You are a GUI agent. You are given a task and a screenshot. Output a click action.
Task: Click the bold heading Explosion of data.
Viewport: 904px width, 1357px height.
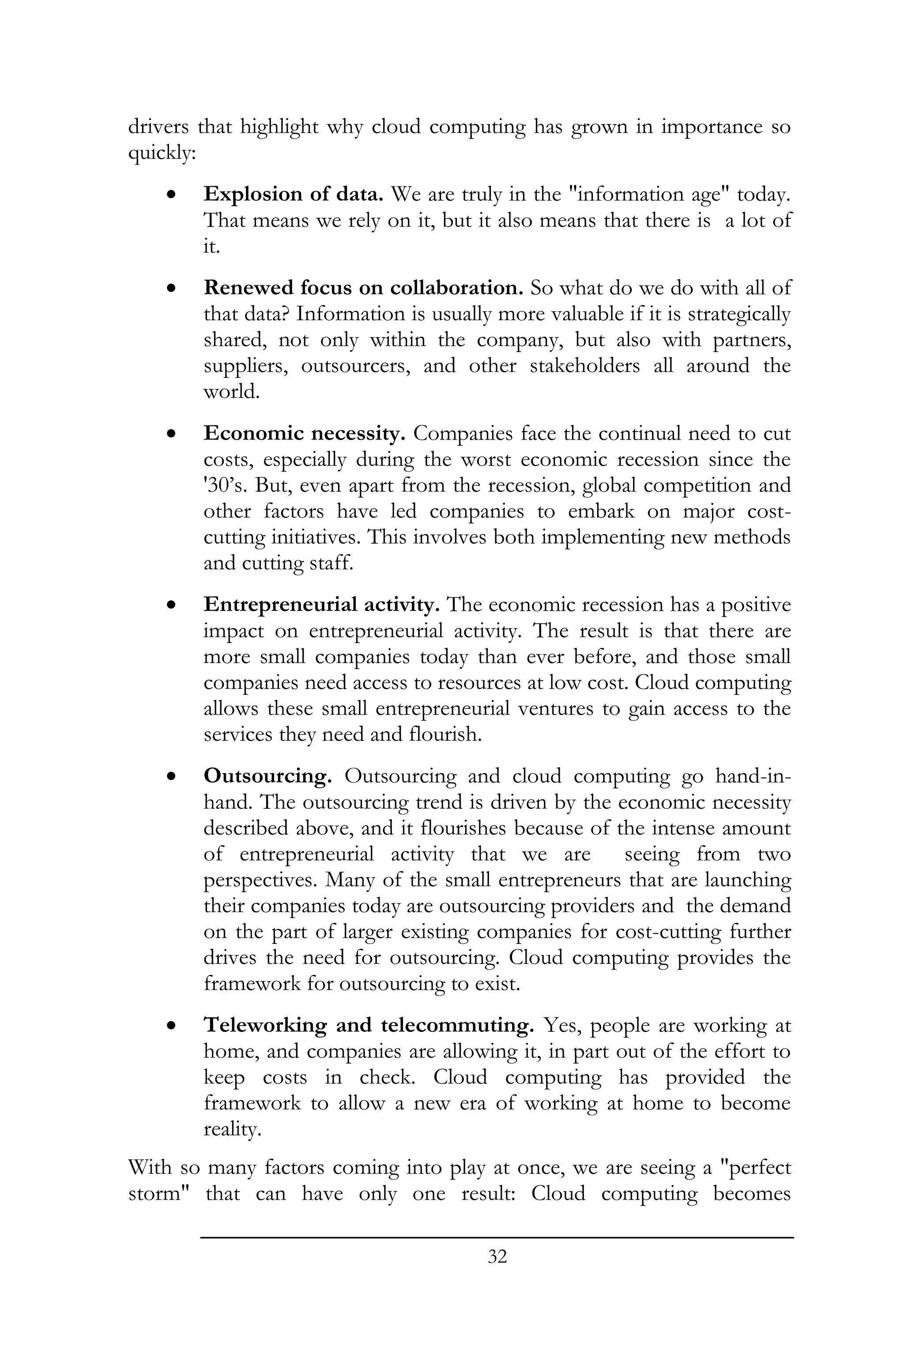(294, 194)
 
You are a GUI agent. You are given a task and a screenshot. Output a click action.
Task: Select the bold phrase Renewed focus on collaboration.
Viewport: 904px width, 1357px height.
(363, 287)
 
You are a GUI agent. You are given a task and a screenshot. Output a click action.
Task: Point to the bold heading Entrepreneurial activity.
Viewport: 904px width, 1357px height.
(322, 605)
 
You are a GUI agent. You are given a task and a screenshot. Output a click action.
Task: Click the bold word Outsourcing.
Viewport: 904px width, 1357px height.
(267, 776)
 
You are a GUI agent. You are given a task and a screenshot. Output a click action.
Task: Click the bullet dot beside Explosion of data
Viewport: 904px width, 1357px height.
(171, 195)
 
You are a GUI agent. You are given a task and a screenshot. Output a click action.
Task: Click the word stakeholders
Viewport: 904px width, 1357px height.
(584, 365)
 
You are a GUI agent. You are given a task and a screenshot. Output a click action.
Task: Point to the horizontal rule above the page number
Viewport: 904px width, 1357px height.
(497, 1237)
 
